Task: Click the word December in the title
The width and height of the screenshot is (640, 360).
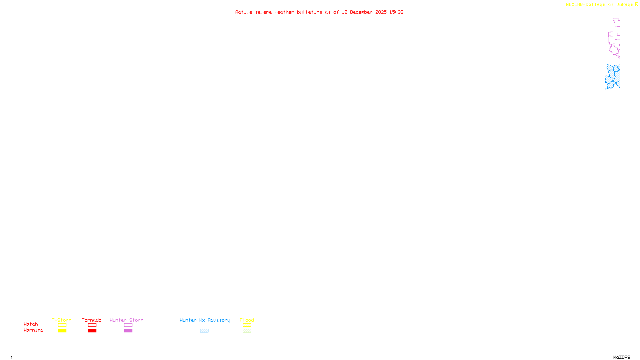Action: pos(361,12)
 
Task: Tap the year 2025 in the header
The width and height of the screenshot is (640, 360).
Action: pos(381,12)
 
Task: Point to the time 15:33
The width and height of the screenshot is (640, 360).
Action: pos(396,12)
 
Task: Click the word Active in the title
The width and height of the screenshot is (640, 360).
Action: pos(244,12)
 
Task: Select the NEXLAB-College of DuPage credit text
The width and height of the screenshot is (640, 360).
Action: pos(599,4)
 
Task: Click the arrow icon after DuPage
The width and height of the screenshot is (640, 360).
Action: pos(636,4)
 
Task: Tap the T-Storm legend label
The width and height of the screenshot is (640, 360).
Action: pos(62,320)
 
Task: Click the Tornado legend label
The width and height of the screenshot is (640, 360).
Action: pos(92,320)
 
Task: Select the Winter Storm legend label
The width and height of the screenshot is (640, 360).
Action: pos(126,320)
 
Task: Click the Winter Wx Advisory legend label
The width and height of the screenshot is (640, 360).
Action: pos(205,320)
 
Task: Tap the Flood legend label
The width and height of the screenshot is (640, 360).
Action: pos(247,320)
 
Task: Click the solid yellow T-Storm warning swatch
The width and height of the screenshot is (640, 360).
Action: pos(62,331)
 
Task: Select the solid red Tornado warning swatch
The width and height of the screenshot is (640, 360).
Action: pos(92,331)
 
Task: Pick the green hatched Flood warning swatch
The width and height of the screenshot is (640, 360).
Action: pos(247,331)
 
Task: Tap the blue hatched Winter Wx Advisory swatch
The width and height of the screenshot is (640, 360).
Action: pos(204,331)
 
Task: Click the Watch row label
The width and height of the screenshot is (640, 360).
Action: pos(31,324)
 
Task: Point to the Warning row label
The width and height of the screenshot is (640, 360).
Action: pos(33,330)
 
